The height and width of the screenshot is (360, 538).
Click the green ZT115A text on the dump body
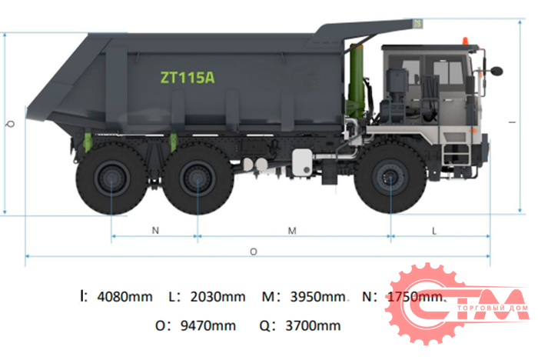click(x=187, y=77)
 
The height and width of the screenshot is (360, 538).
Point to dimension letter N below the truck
click(x=154, y=229)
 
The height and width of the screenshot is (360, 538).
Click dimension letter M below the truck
click(x=293, y=229)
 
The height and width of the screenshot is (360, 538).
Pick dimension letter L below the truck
click(x=434, y=229)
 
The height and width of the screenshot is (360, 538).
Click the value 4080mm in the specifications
click(x=125, y=296)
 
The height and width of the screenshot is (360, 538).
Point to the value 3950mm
click(x=315, y=296)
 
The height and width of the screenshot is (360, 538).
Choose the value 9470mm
click(x=207, y=325)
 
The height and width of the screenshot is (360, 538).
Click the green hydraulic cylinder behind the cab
click(x=356, y=85)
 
